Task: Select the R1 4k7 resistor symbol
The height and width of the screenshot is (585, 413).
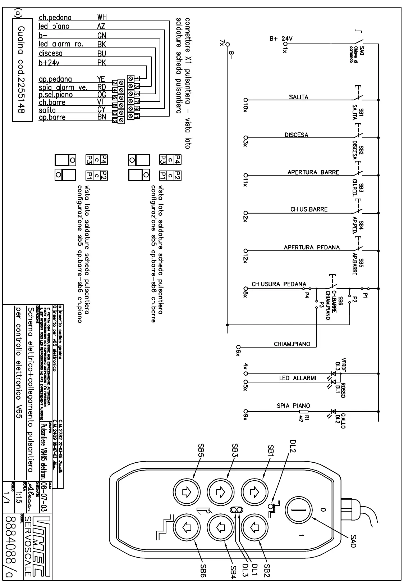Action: pos(304,412)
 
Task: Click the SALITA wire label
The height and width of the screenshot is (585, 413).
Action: pos(298,97)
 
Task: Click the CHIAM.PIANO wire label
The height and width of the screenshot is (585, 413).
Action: pos(292,344)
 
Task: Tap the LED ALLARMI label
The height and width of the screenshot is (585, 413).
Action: pos(298,378)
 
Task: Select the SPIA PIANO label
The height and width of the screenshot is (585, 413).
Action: pos(293,406)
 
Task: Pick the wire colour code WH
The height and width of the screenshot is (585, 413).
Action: pos(102,17)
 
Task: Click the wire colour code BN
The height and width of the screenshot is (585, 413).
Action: pos(102,117)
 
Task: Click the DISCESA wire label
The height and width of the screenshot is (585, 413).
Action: pos(296,135)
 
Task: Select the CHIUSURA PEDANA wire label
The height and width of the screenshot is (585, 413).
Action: pos(279,284)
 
